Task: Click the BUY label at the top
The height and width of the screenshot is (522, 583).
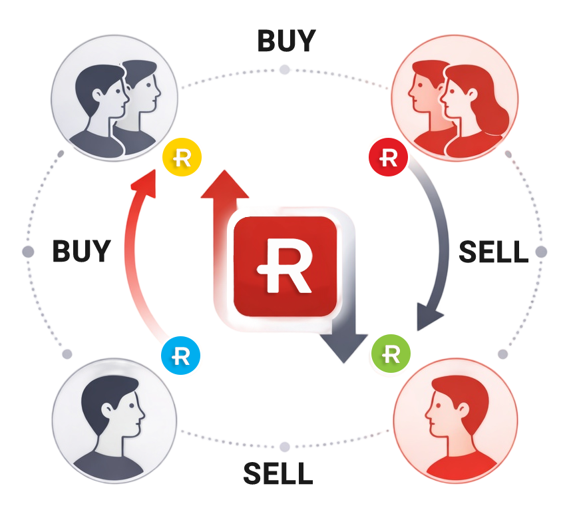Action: pos(286,41)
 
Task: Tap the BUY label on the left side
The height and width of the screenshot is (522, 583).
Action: pos(81,252)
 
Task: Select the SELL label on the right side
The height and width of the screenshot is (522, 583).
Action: pos(493,252)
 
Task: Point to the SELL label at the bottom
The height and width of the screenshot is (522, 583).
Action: pos(278,473)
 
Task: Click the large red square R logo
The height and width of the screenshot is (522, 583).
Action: pos(284,266)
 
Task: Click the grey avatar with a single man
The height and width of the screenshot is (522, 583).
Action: pos(114,419)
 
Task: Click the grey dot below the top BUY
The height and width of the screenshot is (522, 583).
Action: pos(285,69)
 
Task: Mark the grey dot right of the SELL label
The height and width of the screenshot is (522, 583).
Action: pos(540,252)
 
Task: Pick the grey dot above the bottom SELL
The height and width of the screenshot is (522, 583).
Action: pos(285,446)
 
